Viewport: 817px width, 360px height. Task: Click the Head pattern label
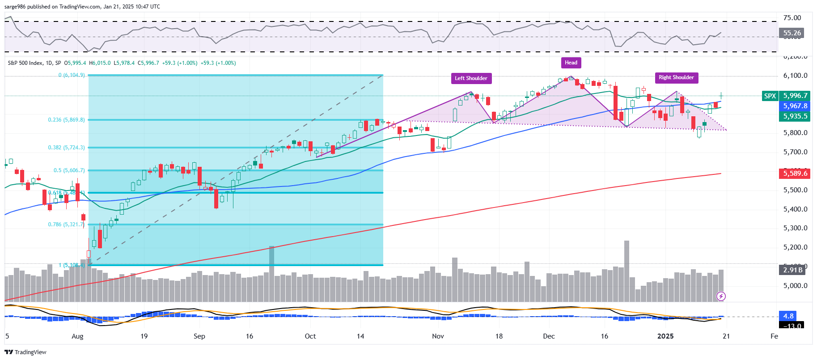(571, 63)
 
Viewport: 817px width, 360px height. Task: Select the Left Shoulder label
(471, 78)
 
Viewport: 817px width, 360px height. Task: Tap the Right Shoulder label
(676, 77)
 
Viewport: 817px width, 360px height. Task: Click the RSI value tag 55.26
(792, 33)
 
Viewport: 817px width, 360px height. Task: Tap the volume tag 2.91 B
(792, 270)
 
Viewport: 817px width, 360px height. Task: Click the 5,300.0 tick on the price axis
(795, 228)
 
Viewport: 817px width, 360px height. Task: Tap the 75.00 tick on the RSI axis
(792, 18)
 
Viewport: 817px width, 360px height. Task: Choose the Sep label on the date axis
(199, 336)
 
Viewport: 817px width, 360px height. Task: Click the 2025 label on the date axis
(665, 336)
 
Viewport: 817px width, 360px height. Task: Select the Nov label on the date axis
(438, 336)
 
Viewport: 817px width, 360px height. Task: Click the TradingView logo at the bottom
(25, 352)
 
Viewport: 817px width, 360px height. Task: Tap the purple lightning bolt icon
(721, 296)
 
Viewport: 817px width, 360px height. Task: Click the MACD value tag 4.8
(788, 316)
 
